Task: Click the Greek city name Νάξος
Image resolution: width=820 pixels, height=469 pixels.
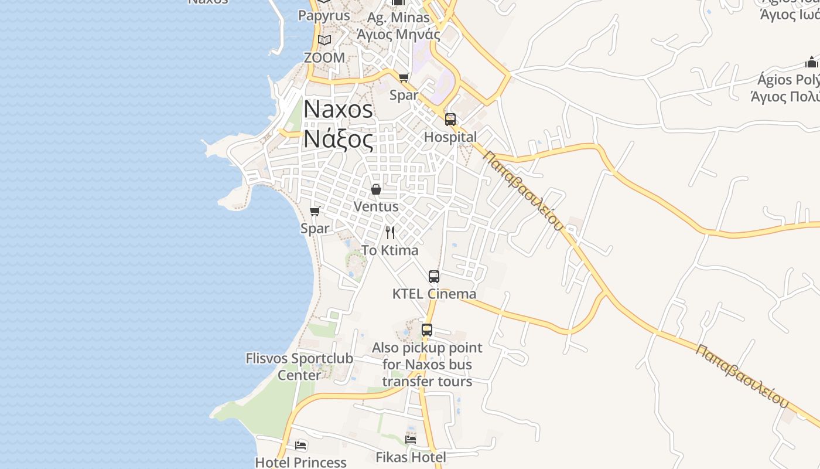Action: coord(338,140)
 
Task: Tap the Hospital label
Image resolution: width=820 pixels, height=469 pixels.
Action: coord(450,137)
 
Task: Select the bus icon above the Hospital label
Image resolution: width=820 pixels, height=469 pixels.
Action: coord(450,120)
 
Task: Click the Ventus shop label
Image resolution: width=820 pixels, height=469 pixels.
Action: coord(376,207)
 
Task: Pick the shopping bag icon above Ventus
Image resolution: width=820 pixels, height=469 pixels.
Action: coord(376,189)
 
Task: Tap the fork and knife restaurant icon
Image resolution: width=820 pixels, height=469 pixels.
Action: coord(390,233)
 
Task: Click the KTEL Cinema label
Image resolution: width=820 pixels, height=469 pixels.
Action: coord(434,294)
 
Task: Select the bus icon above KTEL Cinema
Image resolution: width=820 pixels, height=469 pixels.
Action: coord(434,277)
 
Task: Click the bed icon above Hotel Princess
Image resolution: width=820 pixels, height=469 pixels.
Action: coord(300,446)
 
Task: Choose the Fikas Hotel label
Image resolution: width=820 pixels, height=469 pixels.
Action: coord(411,457)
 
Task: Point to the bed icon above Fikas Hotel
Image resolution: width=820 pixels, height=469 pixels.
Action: coord(411,439)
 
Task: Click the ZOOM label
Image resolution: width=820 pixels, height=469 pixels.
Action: coord(324,58)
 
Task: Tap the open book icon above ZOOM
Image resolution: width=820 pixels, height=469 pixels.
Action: coord(324,40)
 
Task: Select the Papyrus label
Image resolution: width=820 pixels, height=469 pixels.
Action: coord(324,15)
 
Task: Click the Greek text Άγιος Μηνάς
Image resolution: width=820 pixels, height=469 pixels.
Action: coord(398,34)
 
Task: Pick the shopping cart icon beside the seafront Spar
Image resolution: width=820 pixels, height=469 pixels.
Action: coord(315,211)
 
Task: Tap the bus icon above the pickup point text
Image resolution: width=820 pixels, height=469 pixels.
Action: coord(427,330)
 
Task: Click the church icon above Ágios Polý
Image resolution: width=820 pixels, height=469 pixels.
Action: coord(811,62)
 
